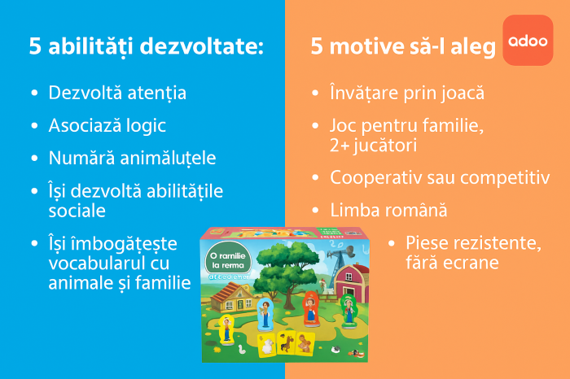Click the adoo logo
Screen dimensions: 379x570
528,40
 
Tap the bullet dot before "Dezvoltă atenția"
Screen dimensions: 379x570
33,94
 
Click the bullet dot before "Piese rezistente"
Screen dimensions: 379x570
390,243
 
